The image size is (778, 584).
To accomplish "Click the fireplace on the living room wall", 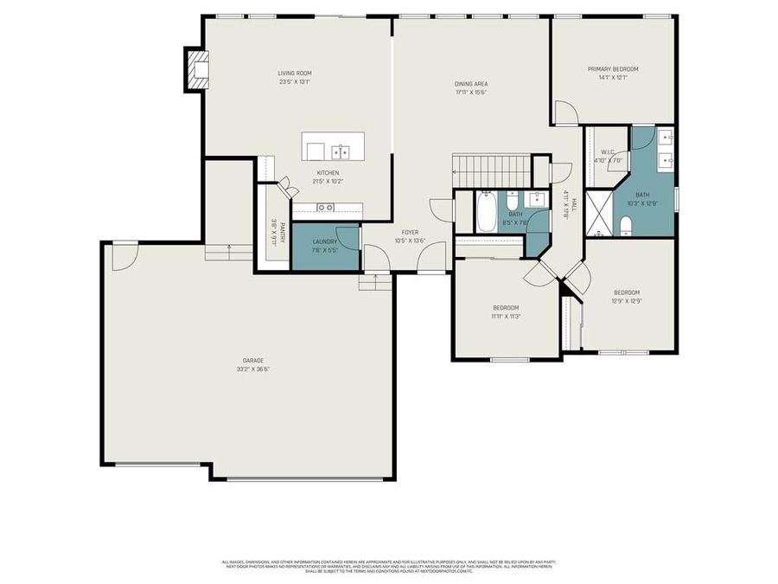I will point(198,70).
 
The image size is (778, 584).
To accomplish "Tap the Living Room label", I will point(295,74).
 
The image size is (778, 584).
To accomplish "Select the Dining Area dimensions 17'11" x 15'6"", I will point(471,93).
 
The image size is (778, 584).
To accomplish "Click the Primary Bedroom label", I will point(613,69).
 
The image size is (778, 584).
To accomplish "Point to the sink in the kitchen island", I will point(341,153).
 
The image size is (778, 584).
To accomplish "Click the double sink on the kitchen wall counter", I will point(326,208).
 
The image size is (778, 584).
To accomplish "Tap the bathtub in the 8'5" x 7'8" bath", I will point(487,212).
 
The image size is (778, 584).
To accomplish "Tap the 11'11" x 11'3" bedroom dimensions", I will point(506,317).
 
